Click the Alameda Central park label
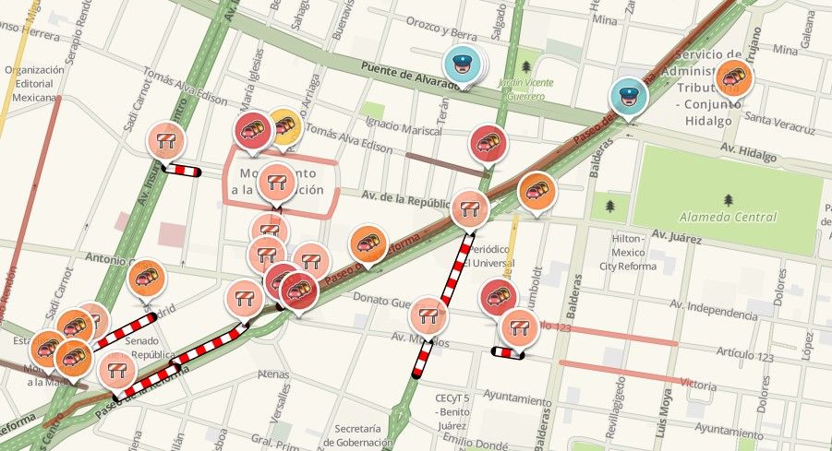point(729,218)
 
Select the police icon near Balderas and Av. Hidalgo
point(628,97)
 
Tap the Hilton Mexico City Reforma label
point(633,253)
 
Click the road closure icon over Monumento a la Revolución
point(276,182)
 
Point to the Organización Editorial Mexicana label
point(34,82)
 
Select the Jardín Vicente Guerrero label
point(525,89)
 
